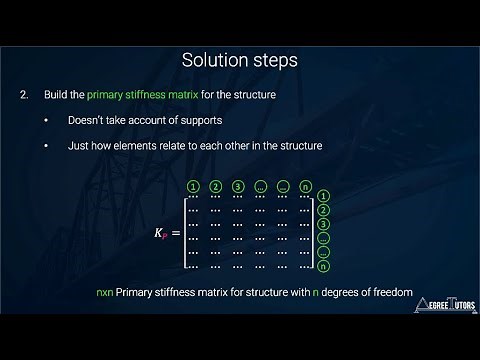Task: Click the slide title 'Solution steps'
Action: click(x=240, y=60)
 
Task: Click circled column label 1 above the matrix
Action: click(x=193, y=186)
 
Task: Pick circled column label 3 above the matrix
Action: click(x=238, y=186)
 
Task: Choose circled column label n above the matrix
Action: click(x=306, y=186)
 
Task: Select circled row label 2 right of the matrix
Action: click(x=324, y=211)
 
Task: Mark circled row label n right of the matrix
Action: click(x=324, y=267)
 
